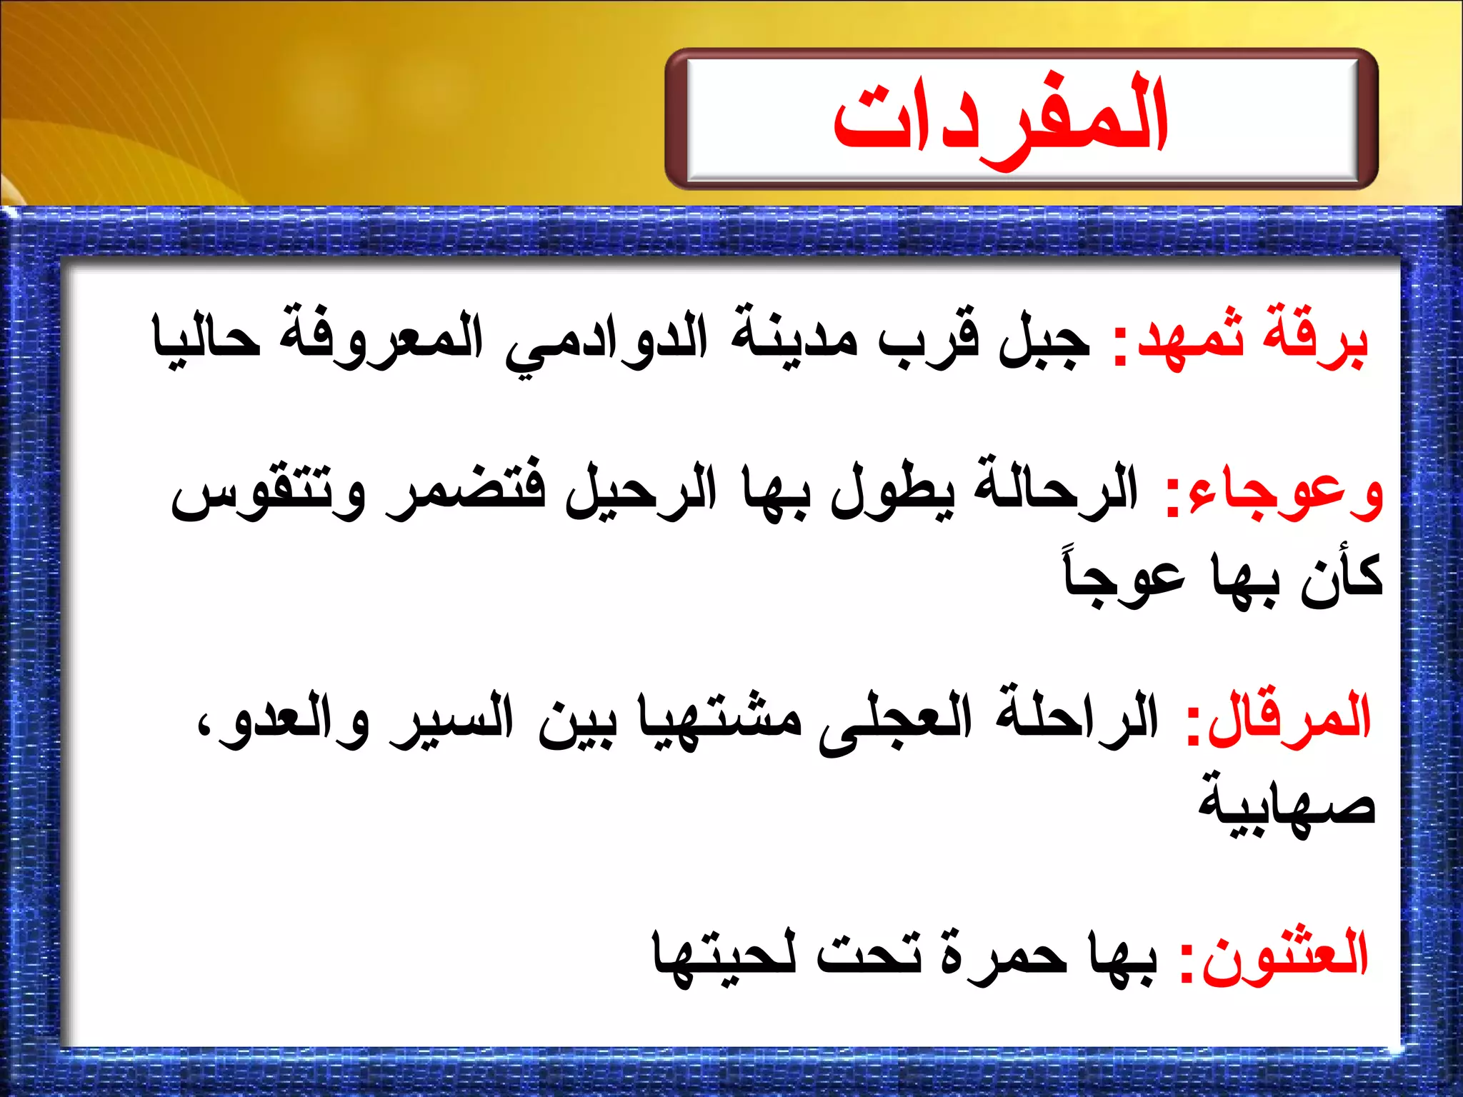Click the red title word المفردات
pyautogui.click(x=1000, y=118)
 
